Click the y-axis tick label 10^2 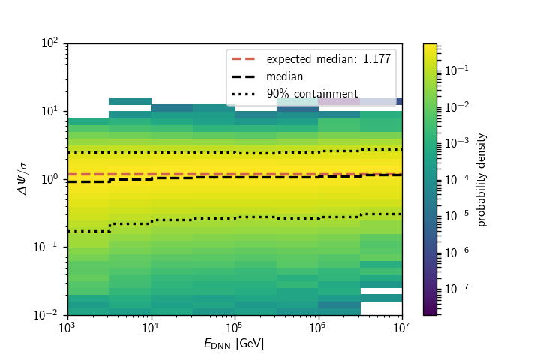tap(51, 43)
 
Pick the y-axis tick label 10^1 tap(51, 111)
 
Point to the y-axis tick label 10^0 tap(51, 179)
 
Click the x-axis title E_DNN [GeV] tap(234, 343)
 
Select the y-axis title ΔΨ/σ tap(24, 179)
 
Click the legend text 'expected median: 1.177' tap(328, 59)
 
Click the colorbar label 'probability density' tap(482, 179)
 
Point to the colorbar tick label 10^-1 tap(457, 70)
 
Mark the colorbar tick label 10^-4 tap(457, 178)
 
